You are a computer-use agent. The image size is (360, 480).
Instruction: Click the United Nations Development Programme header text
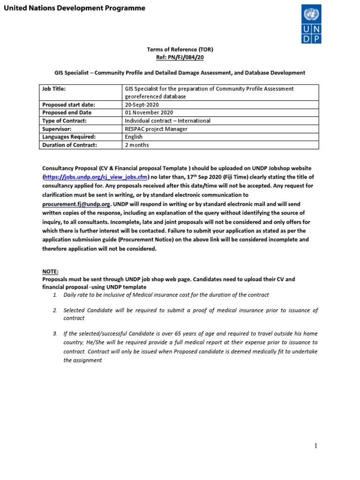coord(75,8)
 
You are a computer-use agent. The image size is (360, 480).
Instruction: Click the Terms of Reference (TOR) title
coord(180,49)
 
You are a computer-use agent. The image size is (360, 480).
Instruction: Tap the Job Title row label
coord(54,89)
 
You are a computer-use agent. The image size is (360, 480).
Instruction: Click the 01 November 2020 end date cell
coord(149,112)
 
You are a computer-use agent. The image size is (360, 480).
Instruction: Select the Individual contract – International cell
coord(167,120)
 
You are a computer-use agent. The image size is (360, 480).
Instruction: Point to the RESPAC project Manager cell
coord(156,129)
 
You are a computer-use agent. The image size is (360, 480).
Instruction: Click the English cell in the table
coord(134,137)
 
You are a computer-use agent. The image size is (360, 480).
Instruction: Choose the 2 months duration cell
coord(136,145)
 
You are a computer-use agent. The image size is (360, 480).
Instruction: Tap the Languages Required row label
coord(69,137)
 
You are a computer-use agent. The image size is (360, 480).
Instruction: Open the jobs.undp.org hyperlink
coord(96,177)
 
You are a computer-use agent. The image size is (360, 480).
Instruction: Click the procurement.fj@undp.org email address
coord(76,204)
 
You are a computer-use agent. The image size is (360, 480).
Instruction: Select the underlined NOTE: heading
coord(51,271)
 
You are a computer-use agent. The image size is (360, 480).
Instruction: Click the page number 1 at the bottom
coord(316,446)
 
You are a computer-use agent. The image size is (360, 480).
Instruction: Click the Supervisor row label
coord(58,129)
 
